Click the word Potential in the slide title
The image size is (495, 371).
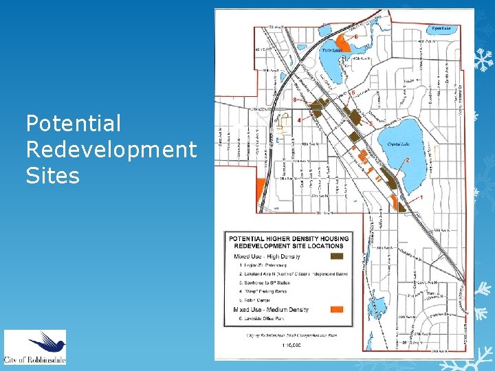pyautogui.click(x=73, y=124)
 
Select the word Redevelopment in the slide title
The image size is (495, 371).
pyautogui.click(x=111, y=150)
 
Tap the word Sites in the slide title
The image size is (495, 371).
pyautogui.click(x=52, y=176)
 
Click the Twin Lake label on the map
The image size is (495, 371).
pyautogui.click(x=332, y=50)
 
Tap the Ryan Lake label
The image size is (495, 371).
pyautogui.click(x=441, y=29)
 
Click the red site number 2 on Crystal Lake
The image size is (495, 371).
pyautogui.click(x=408, y=159)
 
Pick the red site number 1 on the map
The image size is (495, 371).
pyautogui.click(x=421, y=198)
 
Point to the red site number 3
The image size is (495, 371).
pyautogui.click(x=294, y=100)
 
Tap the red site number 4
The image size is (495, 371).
pyautogui.click(x=298, y=120)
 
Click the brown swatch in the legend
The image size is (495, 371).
pyautogui.click(x=336, y=256)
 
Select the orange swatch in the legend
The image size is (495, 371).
pyautogui.click(x=336, y=309)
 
